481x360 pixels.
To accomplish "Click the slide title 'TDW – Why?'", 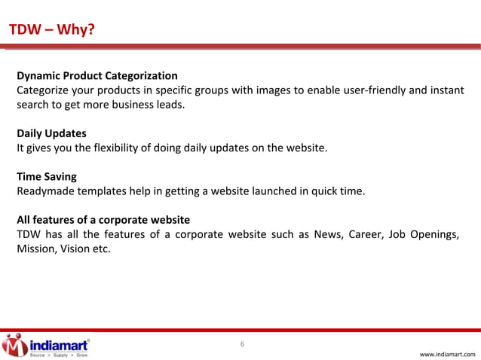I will (51, 30).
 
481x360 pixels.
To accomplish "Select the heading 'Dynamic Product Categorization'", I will (97, 76).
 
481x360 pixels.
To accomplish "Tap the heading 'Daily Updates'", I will (51, 133).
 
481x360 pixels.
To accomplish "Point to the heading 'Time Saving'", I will (47, 176).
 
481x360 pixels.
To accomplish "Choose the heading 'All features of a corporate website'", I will (103, 220).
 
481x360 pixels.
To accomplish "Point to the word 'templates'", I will (103, 191).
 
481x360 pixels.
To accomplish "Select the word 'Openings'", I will (435, 234).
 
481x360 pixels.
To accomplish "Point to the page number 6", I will (242, 345).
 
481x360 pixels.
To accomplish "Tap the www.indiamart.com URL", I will (447, 353).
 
